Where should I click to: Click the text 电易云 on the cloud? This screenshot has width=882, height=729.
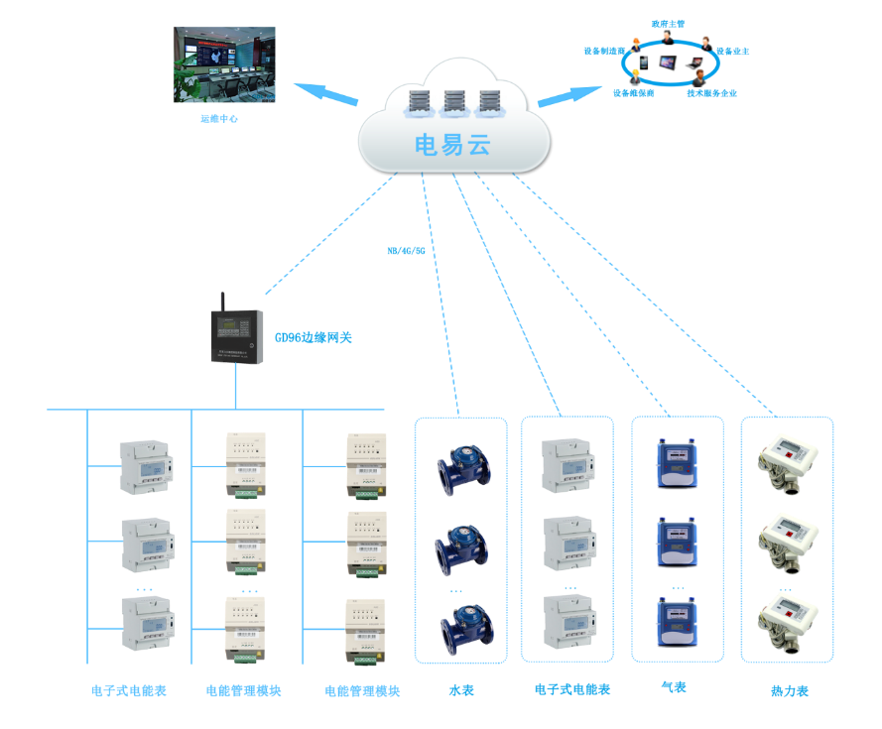[452, 145]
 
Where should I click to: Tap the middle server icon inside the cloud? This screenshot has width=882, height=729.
[454, 102]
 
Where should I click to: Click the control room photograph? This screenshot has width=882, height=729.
[224, 64]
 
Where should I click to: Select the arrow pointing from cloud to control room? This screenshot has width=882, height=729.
[326, 94]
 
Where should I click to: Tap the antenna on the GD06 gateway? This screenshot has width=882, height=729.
[221, 301]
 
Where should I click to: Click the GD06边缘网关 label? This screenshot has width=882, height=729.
[314, 338]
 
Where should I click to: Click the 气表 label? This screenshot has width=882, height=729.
[674, 687]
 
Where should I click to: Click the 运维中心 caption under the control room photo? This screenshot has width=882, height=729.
[219, 118]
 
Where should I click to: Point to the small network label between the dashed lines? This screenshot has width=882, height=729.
[406, 251]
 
